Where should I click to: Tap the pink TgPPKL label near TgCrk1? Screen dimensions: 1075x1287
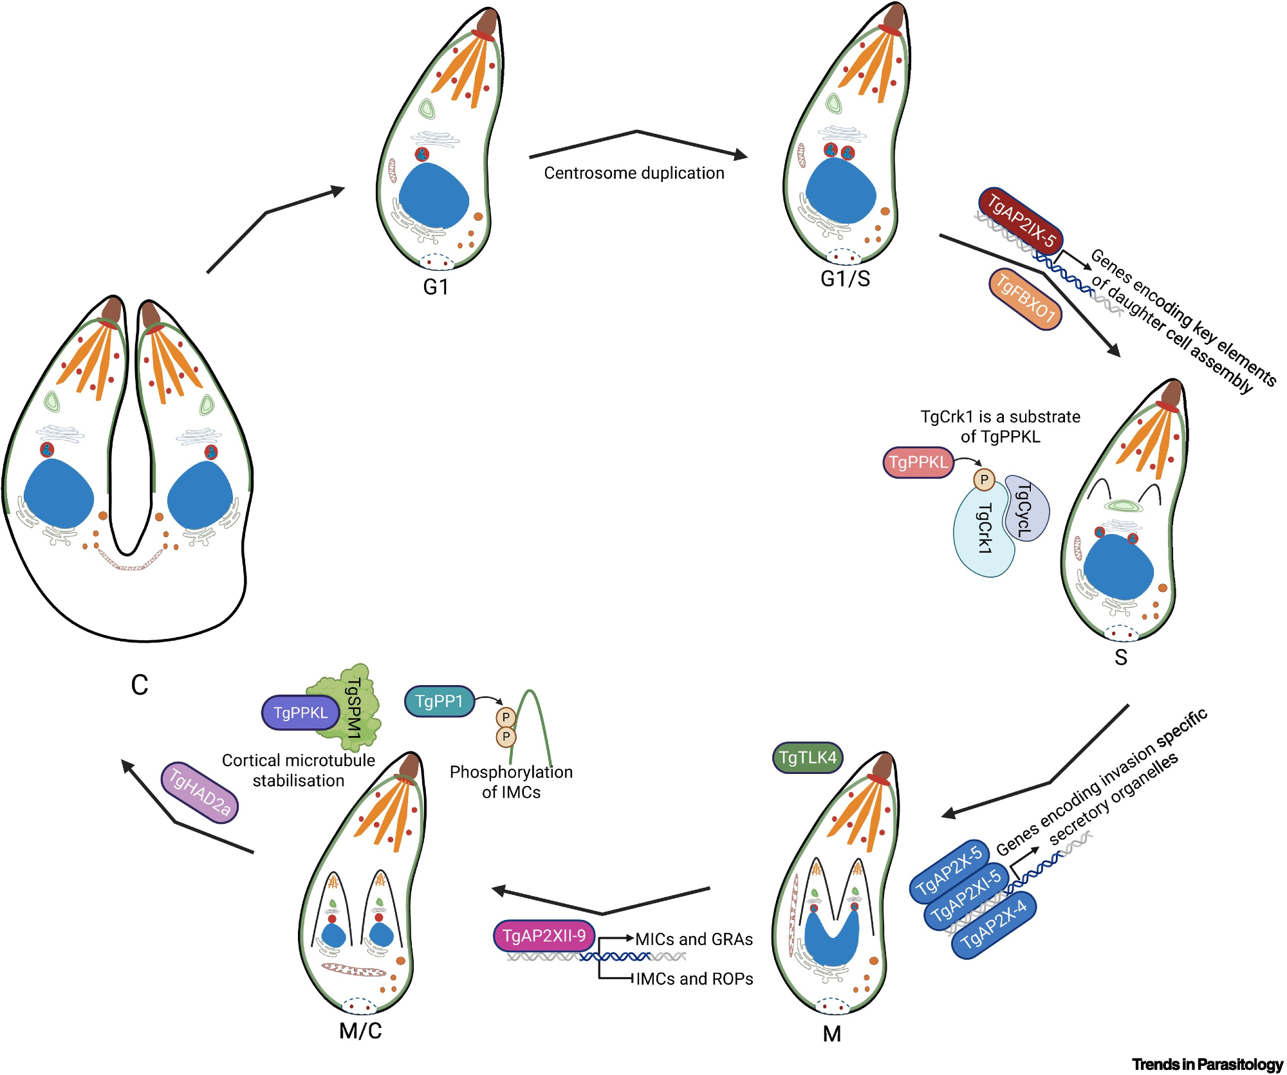coord(918,463)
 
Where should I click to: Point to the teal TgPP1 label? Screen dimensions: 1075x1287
coord(440,701)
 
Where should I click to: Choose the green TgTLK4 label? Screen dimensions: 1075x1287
coord(807,758)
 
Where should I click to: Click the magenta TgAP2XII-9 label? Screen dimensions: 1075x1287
coord(544,935)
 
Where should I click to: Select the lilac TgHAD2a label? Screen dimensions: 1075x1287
coord(199,792)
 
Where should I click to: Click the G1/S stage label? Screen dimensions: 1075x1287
coord(845,279)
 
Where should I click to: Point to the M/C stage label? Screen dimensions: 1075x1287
coord(360,1031)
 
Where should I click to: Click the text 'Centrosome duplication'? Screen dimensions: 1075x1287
coord(634,173)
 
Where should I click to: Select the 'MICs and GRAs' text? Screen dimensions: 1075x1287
coord(694,939)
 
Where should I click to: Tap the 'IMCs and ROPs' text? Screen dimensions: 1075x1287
coord(694,979)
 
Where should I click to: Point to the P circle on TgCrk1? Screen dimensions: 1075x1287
coord(984,480)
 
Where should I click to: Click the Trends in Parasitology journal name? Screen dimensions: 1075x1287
coord(1207,1065)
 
